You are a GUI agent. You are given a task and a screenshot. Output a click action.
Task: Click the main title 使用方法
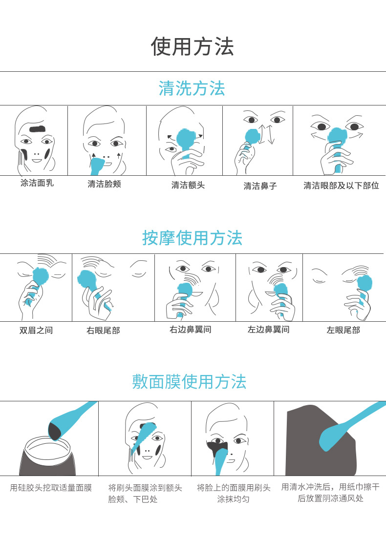[x=193, y=47]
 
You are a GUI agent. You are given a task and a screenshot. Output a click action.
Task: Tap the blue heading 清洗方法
[x=192, y=88]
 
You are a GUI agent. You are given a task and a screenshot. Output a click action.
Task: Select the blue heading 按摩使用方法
[x=193, y=238]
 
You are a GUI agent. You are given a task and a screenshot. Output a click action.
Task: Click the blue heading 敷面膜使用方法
[x=190, y=381]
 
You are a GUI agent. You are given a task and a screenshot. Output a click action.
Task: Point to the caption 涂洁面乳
[x=37, y=184]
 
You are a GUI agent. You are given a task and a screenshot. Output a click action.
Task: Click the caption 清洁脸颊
[x=104, y=184]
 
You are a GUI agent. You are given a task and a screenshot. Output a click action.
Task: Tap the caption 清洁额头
[x=188, y=185]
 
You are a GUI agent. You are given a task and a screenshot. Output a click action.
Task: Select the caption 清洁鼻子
[x=260, y=186]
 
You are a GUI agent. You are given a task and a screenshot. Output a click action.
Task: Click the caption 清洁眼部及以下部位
[x=341, y=186]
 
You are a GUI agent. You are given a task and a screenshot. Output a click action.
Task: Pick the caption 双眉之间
[x=36, y=331]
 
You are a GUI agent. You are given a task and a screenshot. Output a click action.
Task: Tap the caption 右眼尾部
[x=103, y=331]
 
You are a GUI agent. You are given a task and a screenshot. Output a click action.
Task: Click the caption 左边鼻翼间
[x=268, y=330]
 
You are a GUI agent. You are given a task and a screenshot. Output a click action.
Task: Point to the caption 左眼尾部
[x=343, y=331]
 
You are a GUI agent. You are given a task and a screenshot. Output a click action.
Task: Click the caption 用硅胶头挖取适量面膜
[x=51, y=488]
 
